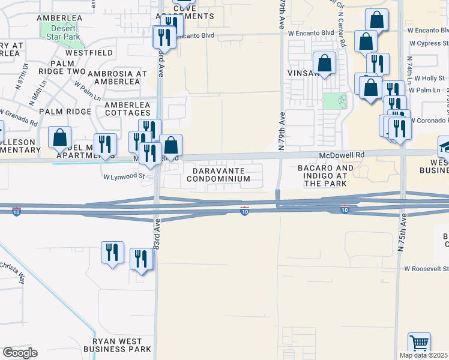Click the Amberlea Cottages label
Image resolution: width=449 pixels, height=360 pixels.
127,109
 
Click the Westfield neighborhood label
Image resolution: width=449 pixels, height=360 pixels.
89,53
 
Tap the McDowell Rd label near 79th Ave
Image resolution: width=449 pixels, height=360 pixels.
342,154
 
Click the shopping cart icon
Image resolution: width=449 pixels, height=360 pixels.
419,344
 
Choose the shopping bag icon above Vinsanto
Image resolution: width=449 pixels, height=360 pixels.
324,64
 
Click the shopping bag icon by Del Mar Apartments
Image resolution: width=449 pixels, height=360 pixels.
60,137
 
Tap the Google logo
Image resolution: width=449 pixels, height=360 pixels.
20,353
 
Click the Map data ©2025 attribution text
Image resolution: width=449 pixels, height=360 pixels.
424,355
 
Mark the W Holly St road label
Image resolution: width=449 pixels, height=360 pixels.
429,78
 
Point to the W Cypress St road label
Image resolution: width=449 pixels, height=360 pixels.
429,43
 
